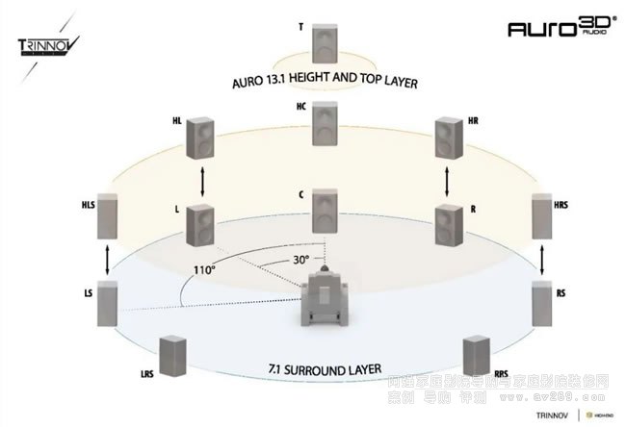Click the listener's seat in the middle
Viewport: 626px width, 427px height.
point(326,303)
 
